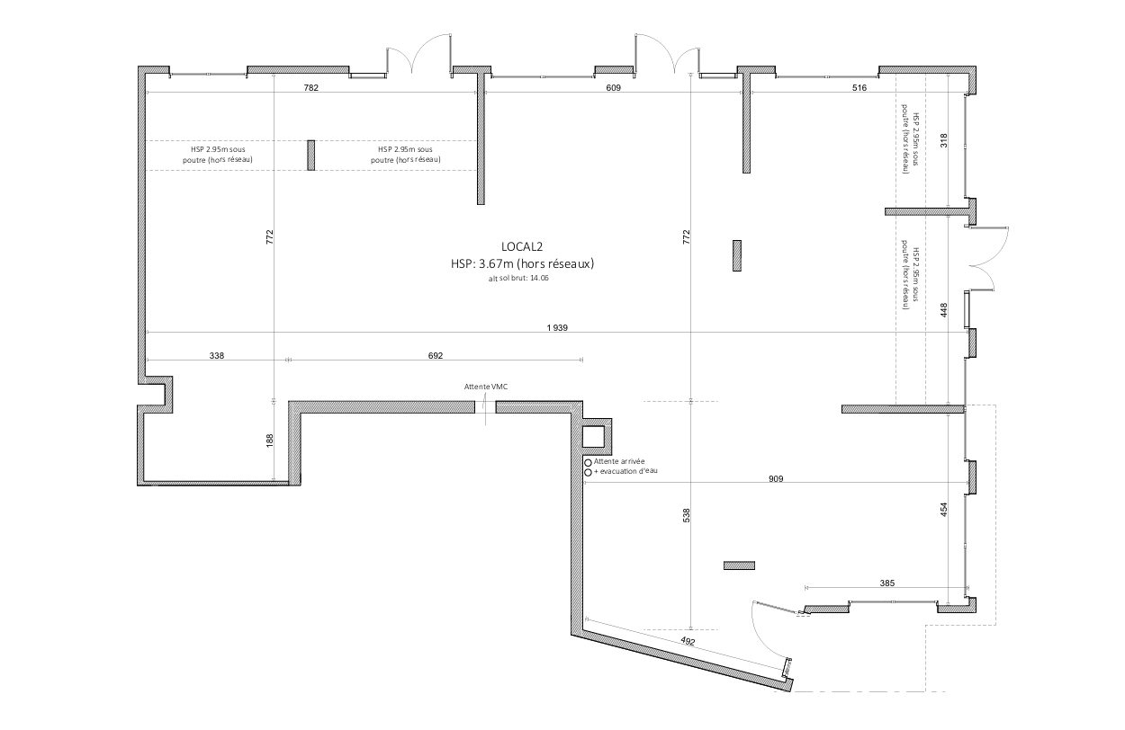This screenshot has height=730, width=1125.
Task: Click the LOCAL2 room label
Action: pos(522,246)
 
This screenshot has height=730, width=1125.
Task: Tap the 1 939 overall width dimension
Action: pos(557,328)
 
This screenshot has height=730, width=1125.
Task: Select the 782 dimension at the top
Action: pos(310,88)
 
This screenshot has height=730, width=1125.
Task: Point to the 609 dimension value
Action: pos(613,88)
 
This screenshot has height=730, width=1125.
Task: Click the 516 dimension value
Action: pos(859,88)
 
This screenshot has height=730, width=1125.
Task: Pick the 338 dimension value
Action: pos(217,356)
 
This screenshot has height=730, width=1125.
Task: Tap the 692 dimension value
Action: pos(436,356)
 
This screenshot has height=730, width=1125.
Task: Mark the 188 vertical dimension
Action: pos(270,441)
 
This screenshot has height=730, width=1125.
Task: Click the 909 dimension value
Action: pos(776,478)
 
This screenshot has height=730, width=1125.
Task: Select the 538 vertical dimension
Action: pos(687,515)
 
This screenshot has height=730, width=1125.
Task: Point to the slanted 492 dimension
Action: pos(688,641)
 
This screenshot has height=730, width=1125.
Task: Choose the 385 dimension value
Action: pos(887,583)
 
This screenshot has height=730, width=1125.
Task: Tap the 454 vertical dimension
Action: pos(944,510)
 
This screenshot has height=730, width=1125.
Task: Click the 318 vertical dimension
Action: pos(944,140)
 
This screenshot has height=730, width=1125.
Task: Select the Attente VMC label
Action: pos(486,387)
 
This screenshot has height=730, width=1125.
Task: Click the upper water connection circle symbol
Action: pos(588,462)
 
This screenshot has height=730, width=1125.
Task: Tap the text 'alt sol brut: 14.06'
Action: pos(518,278)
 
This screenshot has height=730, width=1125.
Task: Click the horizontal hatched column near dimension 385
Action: pos(739,565)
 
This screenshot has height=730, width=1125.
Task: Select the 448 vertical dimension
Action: pos(944,309)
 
